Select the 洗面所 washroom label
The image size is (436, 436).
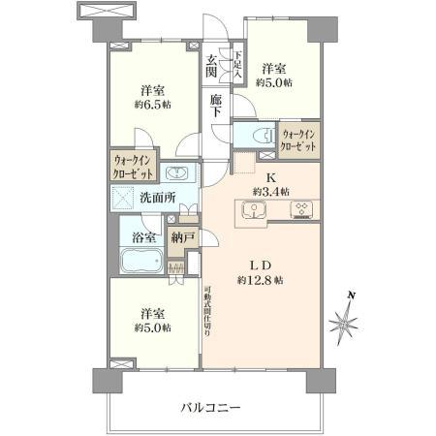[x=157, y=198]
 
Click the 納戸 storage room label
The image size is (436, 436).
[x=182, y=236]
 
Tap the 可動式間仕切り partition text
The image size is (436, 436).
[x=208, y=309]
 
